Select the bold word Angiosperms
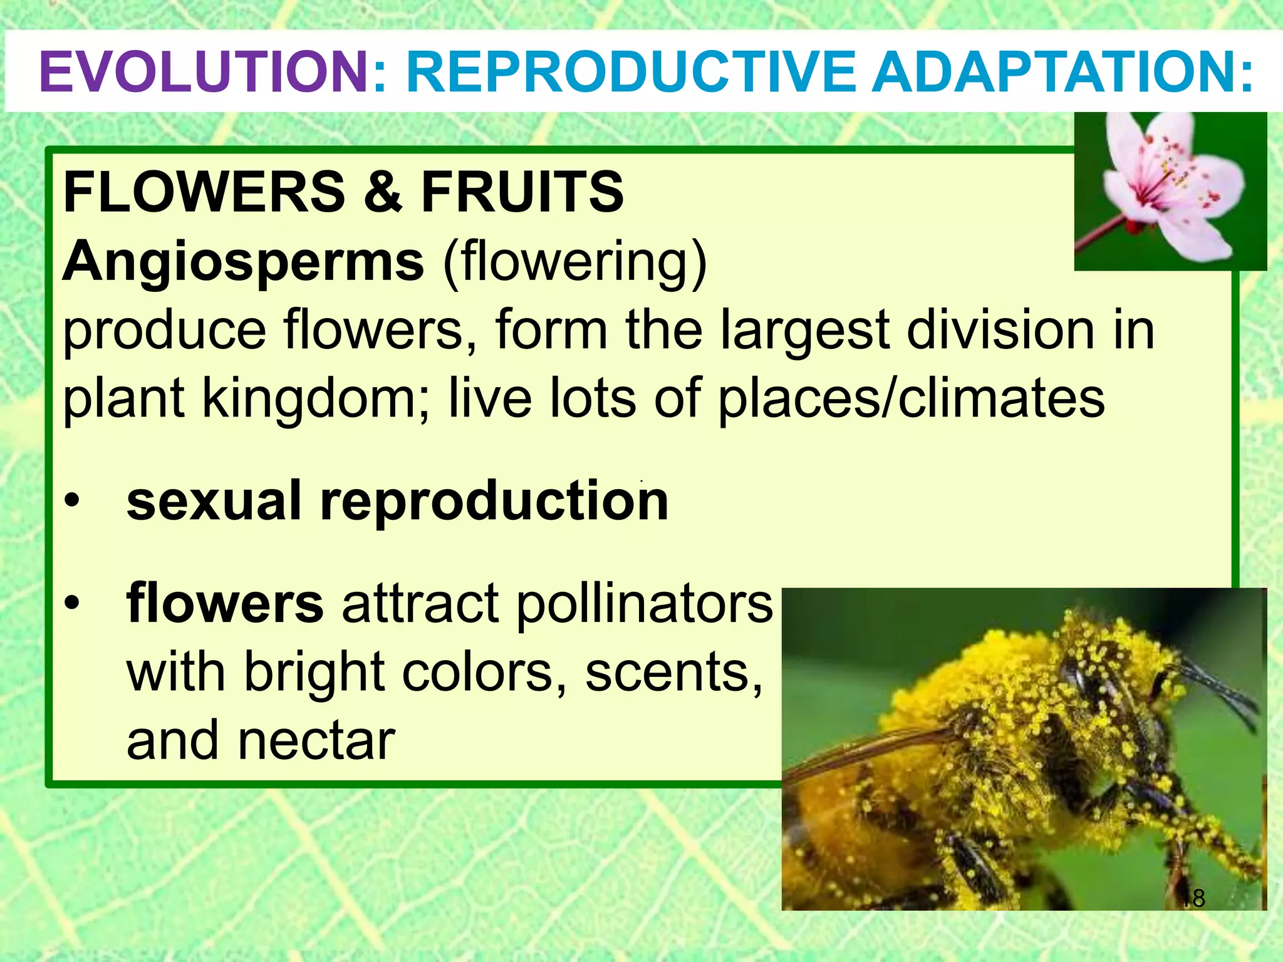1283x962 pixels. point(244,261)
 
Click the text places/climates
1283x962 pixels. point(912,400)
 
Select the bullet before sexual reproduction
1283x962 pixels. point(73,502)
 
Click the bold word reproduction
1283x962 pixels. point(494,502)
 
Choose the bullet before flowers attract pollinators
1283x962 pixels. point(73,603)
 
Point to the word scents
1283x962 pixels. point(674,673)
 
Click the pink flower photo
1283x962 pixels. point(1170,191)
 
